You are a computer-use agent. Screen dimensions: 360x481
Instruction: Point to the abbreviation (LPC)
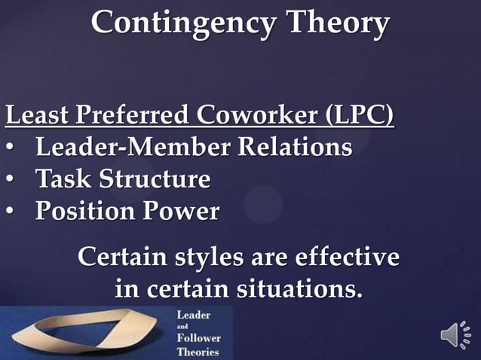359,117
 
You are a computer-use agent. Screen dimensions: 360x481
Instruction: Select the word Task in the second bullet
62,179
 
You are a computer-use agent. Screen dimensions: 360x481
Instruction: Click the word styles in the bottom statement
204,258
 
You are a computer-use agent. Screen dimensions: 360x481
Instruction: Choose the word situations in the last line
305,288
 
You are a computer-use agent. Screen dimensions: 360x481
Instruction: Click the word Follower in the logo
199,338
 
